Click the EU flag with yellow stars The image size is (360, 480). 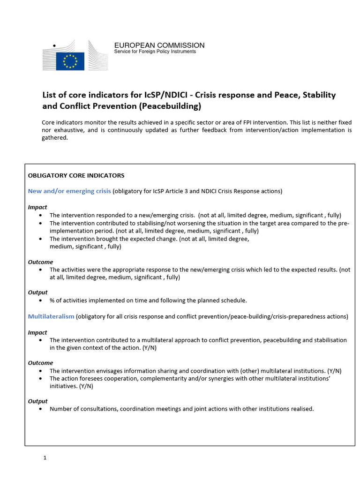[70, 61]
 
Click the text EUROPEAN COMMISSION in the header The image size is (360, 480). [159, 45]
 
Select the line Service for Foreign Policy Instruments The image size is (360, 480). [155, 52]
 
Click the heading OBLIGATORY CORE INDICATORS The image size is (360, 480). [76, 176]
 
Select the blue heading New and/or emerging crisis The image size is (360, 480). [69, 191]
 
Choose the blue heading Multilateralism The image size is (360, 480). [51, 317]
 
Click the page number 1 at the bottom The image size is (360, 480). [45, 458]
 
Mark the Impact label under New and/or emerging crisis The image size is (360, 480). [37, 207]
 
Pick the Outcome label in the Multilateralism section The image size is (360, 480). [40, 363]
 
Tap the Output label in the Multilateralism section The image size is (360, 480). [37, 401]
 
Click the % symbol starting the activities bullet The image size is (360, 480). [52, 300]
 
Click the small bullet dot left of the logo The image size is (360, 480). [54, 45]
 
